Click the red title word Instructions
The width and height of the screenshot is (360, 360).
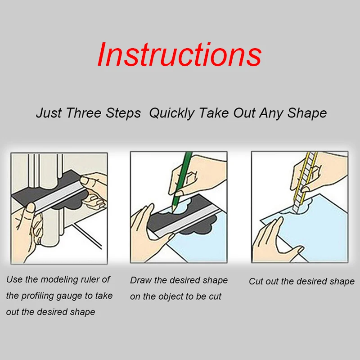[x=180, y=54]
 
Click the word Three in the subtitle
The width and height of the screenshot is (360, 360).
[x=84, y=113]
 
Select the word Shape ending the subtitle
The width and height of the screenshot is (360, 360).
[x=307, y=113]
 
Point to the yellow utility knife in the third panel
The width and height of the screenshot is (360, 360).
[x=305, y=181]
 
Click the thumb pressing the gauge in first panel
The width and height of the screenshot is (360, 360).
[x=31, y=209]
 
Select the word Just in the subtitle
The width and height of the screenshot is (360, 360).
[x=49, y=113]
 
